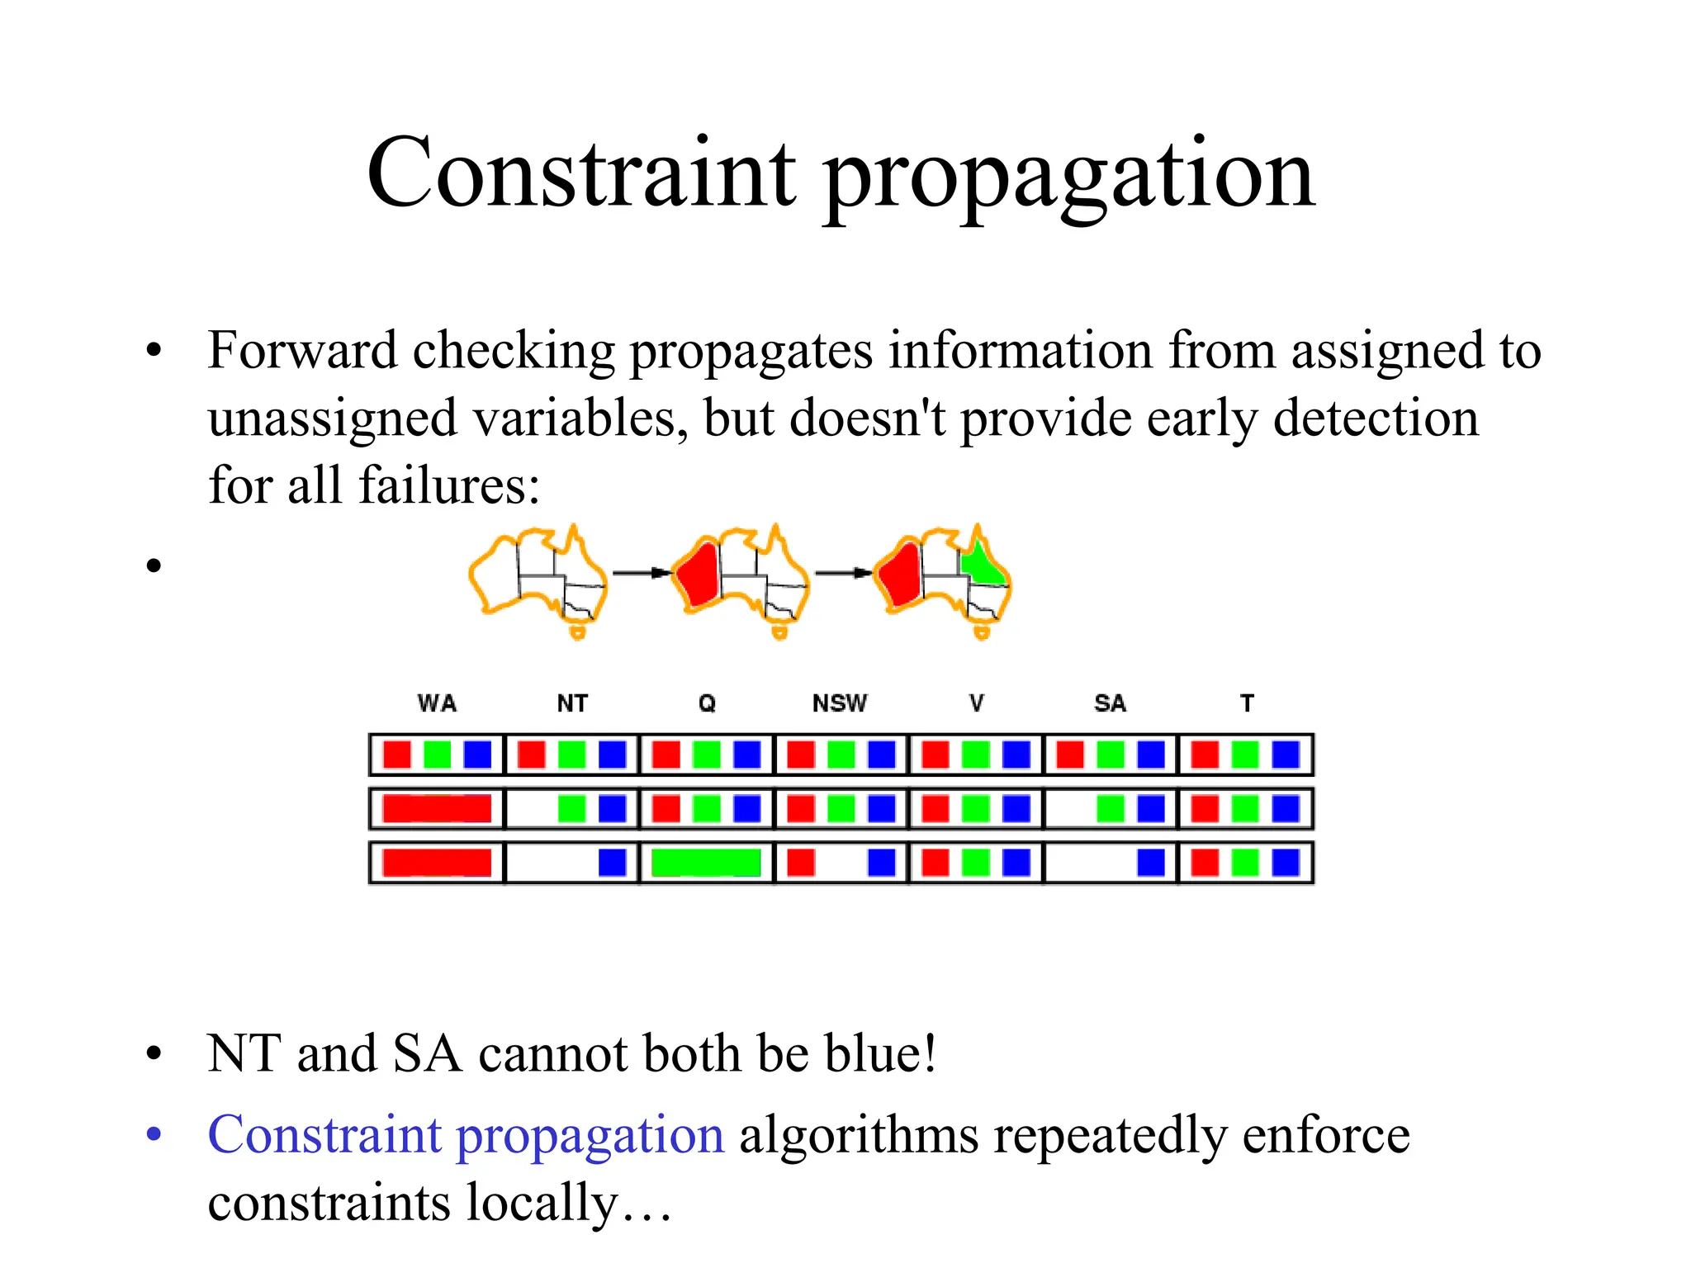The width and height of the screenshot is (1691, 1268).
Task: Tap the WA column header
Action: tap(437, 703)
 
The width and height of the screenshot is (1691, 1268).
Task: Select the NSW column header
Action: tap(840, 703)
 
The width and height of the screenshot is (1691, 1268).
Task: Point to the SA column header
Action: tap(1110, 703)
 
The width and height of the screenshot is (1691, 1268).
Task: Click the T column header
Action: tap(1247, 703)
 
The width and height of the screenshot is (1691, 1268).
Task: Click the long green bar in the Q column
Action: tap(706, 863)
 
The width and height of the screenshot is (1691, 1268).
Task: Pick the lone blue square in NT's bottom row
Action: tap(612, 863)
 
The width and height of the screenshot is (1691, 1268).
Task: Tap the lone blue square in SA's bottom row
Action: tap(1151, 863)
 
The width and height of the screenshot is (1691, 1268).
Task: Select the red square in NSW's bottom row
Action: tap(801, 863)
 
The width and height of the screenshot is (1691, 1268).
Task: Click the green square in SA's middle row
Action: tap(1111, 809)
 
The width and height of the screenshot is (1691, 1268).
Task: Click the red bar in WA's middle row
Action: tap(437, 809)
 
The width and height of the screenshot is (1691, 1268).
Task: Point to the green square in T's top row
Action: tap(1245, 755)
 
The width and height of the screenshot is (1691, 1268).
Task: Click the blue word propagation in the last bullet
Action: tap(590, 1136)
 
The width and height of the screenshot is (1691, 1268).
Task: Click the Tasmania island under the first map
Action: tap(578, 633)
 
